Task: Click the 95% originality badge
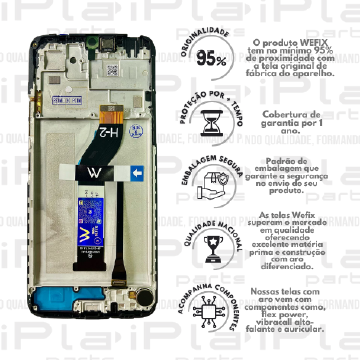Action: pos(211,59)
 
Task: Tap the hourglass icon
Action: pos(211,122)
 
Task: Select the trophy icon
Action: pos(211,246)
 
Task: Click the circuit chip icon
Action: pos(211,309)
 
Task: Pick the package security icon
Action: pos(211,184)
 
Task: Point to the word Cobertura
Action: pos(281,115)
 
